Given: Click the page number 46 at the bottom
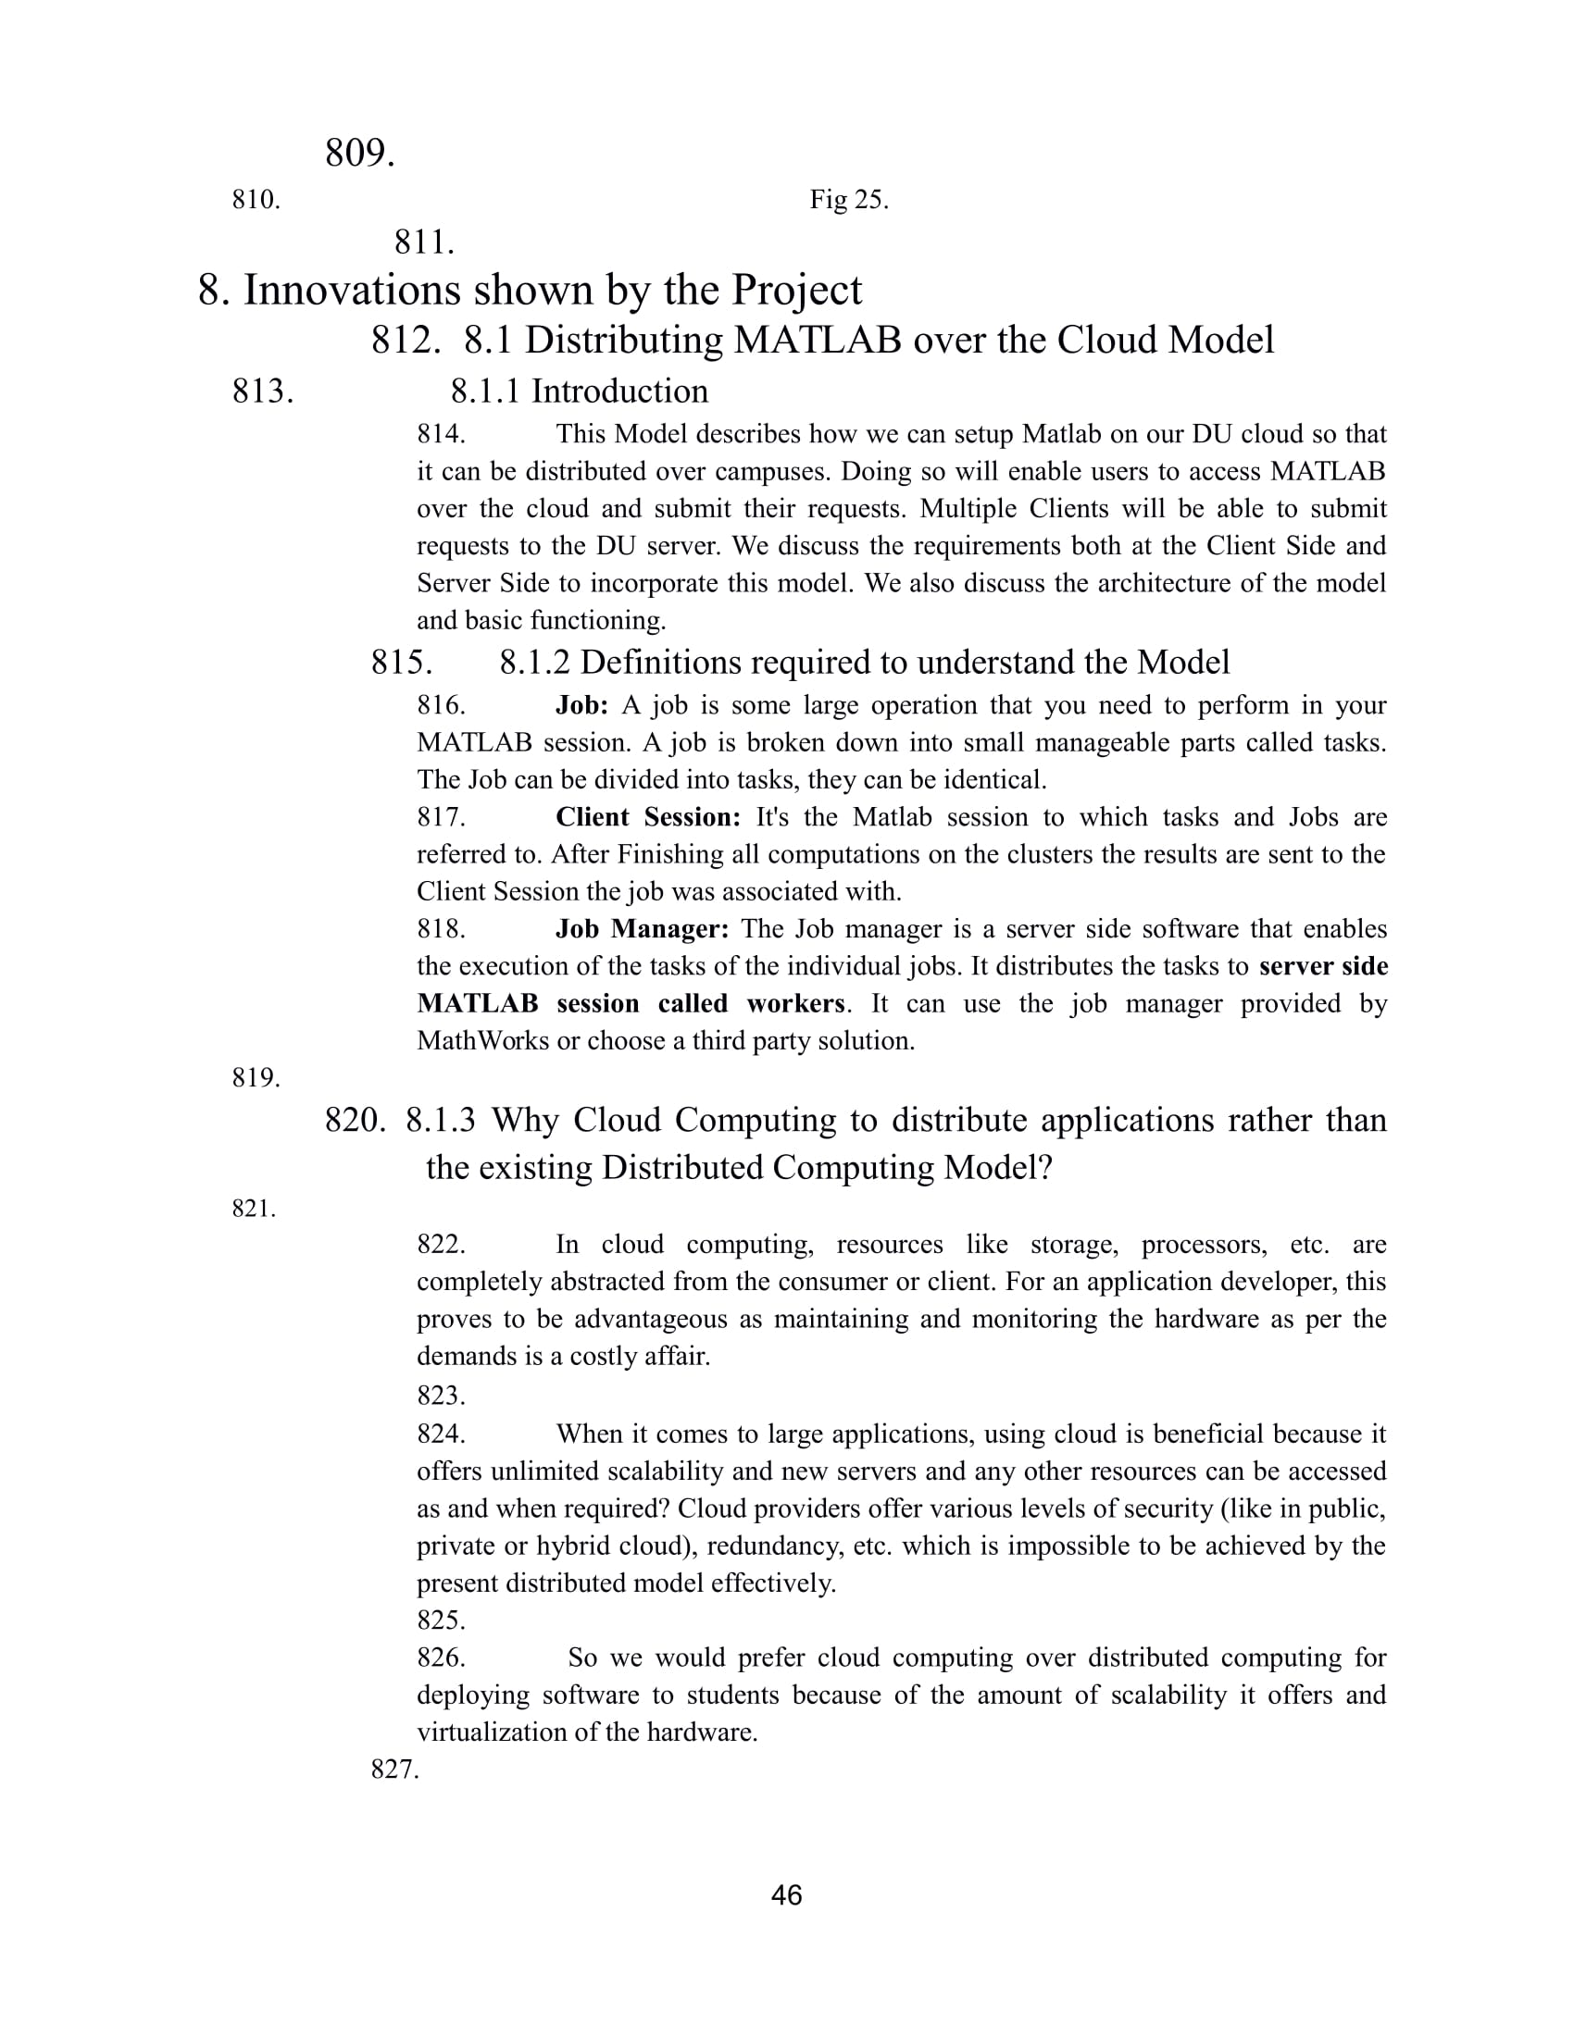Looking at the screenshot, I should click(786, 1895).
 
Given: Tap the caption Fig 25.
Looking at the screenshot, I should click(848, 200).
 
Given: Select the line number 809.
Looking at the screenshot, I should click(360, 153).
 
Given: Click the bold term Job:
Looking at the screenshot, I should click(581, 705).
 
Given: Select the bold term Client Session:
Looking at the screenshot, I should click(648, 816).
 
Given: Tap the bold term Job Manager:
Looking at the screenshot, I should click(642, 928).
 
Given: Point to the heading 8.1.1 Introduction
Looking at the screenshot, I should click(579, 391).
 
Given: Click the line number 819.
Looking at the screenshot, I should click(256, 1077).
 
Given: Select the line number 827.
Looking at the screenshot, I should click(395, 1769).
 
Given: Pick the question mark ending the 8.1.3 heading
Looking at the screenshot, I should click(1044, 1167).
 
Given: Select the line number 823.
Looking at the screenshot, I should click(441, 1396).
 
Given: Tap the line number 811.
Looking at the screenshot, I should click(424, 242).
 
